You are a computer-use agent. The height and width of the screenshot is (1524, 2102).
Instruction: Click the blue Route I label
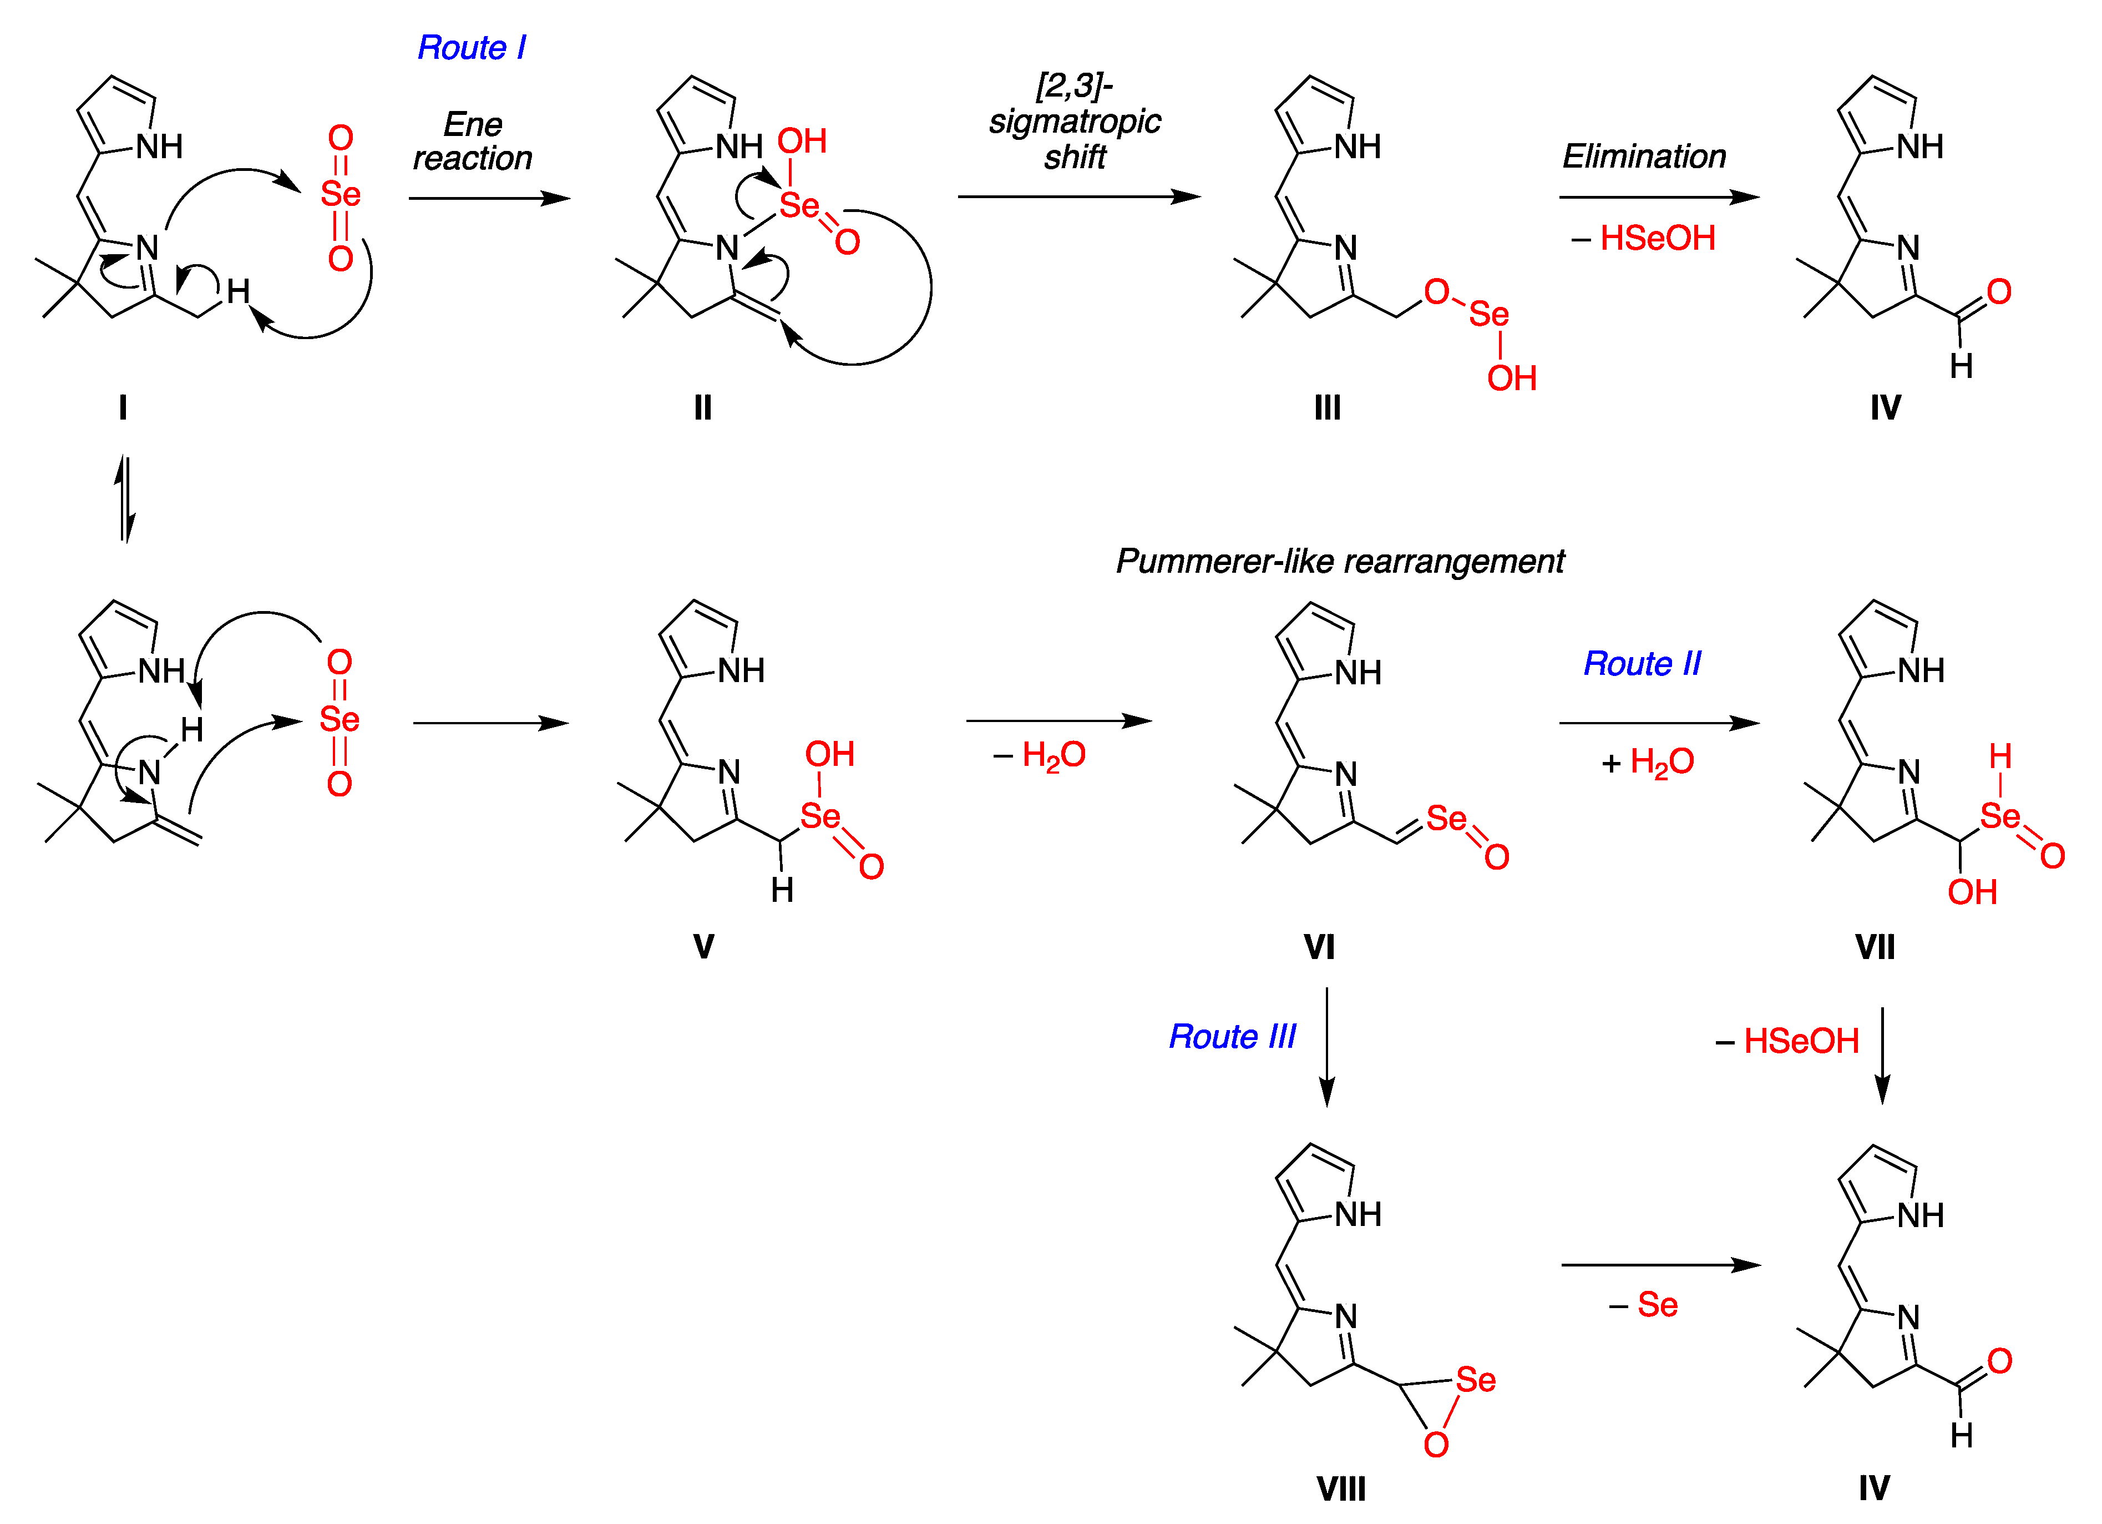471,47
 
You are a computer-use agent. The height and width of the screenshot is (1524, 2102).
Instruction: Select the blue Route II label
1642,664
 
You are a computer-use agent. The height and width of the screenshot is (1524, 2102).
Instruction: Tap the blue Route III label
1232,1036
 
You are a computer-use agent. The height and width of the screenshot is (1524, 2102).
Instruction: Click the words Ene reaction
473,141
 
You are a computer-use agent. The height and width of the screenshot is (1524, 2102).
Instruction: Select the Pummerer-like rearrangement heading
1339,561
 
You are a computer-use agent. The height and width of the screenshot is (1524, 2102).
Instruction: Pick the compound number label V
703,946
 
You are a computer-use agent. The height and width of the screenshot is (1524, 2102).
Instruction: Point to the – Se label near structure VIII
1643,1305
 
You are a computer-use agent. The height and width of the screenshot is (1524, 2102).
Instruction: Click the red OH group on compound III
1512,378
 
